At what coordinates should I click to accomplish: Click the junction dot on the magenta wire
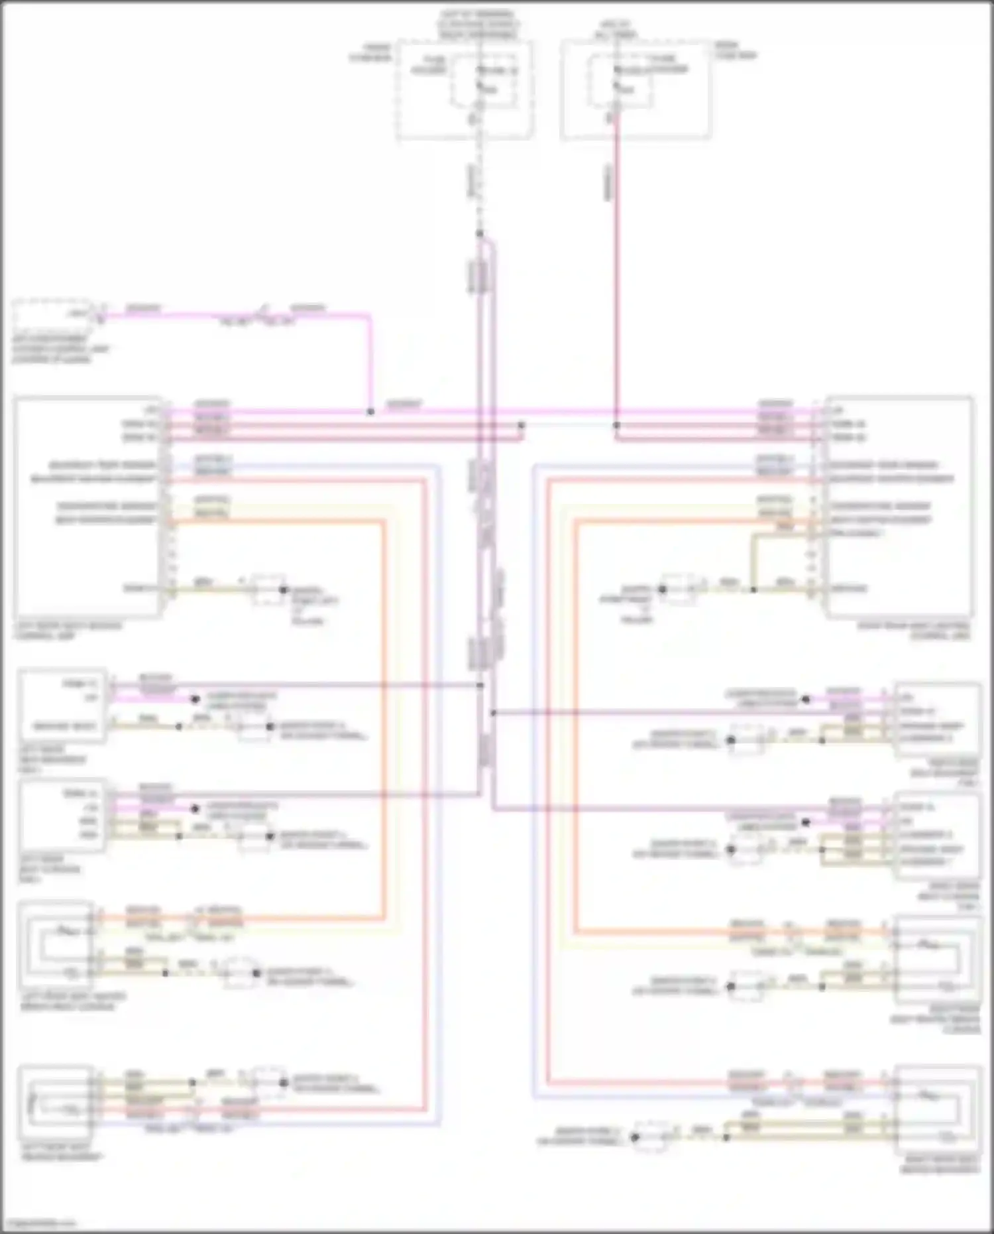coord(370,412)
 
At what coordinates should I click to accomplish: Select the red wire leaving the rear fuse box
coord(616,265)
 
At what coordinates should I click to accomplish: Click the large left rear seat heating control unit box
coord(86,507)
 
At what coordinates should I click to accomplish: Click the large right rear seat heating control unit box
coord(900,507)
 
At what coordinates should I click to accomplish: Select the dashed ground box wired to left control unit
coord(268,589)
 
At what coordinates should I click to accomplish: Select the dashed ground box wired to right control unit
coord(679,589)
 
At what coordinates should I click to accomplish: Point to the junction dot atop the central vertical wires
coord(479,233)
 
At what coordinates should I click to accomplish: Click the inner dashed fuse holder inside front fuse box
coord(484,80)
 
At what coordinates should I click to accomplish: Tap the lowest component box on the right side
coord(937,1110)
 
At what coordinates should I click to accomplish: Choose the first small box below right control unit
coord(937,719)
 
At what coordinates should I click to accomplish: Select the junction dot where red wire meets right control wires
coord(616,425)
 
